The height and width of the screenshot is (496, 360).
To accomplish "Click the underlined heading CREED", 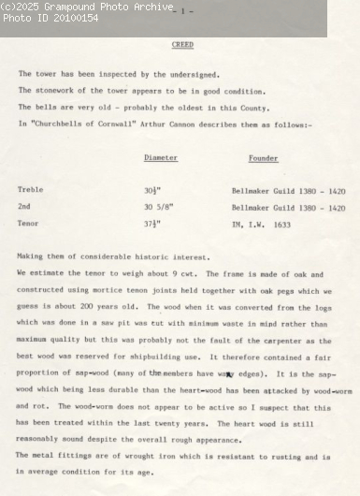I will point(183,45).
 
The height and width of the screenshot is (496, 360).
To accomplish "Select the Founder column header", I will point(263,159).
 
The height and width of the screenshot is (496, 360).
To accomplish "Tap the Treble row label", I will point(30,190).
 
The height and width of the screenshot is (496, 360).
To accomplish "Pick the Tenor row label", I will point(28,224).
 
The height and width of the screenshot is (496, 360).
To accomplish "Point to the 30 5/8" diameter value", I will point(160,207).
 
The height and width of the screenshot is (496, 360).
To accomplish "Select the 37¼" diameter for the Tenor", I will point(152,224).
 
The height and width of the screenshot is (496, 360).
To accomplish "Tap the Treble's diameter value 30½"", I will point(152,190).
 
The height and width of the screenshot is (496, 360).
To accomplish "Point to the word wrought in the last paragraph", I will point(111,454).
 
